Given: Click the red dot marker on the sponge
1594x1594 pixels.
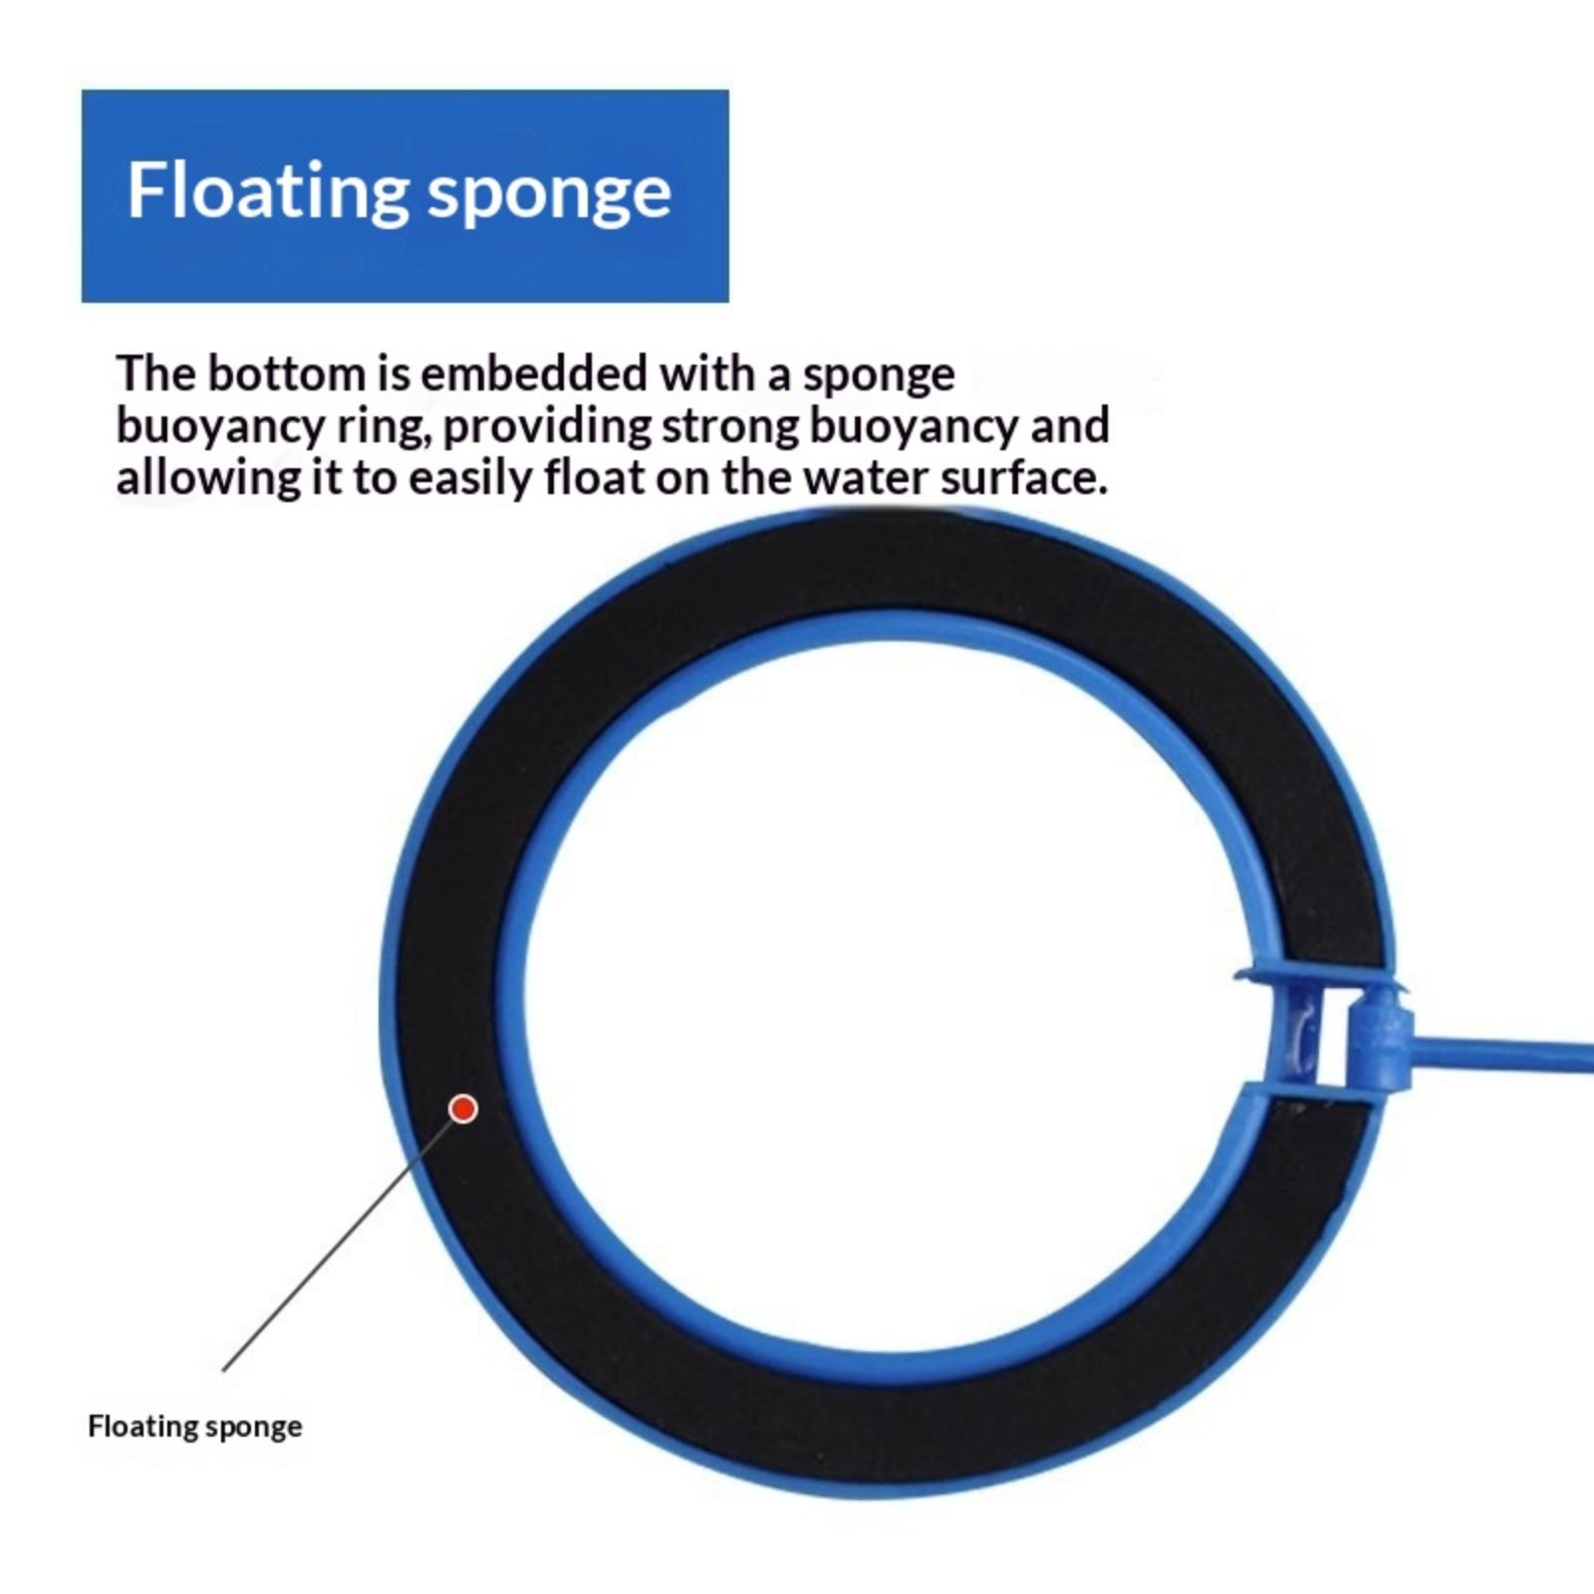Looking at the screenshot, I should pyautogui.click(x=463, y=1108).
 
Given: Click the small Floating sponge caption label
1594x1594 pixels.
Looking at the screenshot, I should pyautogui.click(x=194, y=1427).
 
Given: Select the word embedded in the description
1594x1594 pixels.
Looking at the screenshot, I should pyautogui.click(x=535, y=375).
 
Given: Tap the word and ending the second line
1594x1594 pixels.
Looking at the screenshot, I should pyautogui.click(x=1070, y=426).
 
